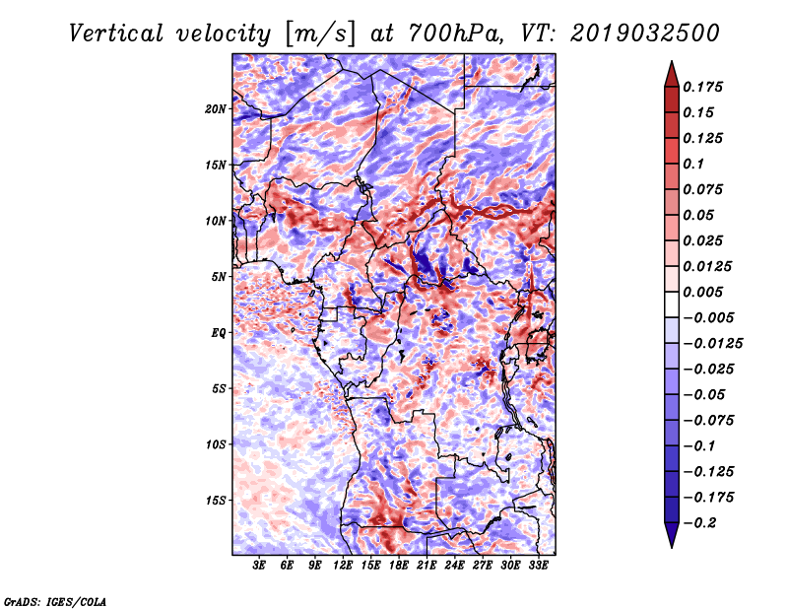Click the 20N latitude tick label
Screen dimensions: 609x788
(x=216, y=108)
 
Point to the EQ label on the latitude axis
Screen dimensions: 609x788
(x=219, y=332)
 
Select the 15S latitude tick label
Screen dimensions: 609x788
(x=216, y=500)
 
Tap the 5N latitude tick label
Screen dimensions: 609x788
(x=219, y=277)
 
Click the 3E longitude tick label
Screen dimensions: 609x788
(x=260, y=567)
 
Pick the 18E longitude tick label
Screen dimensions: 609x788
(x=399, y=567)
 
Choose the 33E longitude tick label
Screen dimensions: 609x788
(x=538, y=567)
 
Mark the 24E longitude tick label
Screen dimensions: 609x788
(x=454, y=567)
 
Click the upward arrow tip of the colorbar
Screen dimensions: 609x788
(x=671, y=64)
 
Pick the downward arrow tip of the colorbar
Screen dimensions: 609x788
(x=671, y=545)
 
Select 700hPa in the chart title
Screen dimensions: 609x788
(x=454, y=33)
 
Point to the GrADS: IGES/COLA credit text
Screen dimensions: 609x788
(x=55, y=600)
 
